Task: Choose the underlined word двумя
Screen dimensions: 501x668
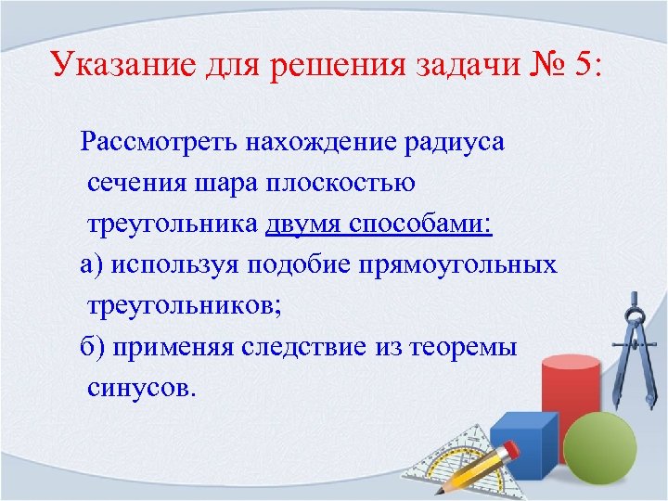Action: click(305, 225)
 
